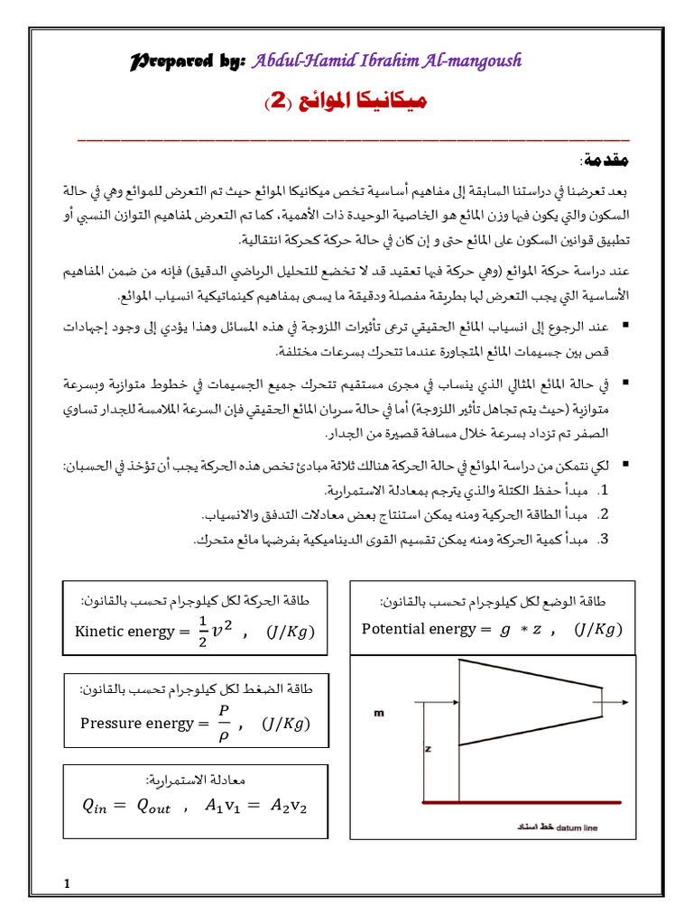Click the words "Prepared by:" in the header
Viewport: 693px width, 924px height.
(189, 60)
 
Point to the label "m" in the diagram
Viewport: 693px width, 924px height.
(378, 712)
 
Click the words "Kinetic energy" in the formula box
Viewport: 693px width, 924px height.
(125, 632)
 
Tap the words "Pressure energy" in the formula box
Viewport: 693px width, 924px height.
(137, 723)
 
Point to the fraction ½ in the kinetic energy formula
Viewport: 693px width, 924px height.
(202, 631)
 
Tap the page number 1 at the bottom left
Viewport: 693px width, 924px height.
(68, 882)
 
